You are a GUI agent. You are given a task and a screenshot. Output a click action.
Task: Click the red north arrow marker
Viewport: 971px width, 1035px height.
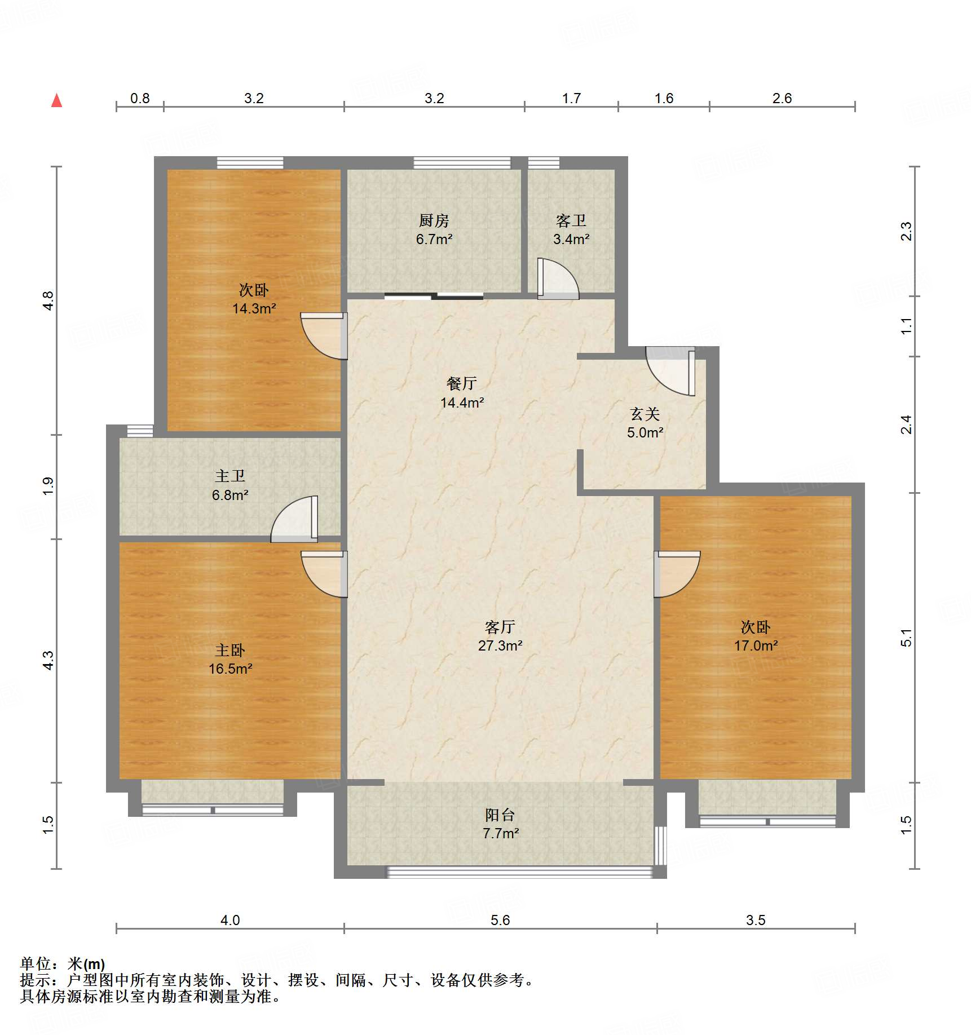pyautogui.click(x=56, y=101)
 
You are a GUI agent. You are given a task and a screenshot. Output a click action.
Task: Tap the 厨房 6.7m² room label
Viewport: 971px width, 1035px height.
pyautogui.click(x=434, y=229)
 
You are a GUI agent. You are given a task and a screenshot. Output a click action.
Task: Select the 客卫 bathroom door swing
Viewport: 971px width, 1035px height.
pyautogui.click(x=557, y=278)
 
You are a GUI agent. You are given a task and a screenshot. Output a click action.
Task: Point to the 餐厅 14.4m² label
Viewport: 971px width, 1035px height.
pyautogui.click(x=462, y=393)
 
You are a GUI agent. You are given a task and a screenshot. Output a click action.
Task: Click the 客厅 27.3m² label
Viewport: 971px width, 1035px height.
pyautogui.click(x=500, y=636)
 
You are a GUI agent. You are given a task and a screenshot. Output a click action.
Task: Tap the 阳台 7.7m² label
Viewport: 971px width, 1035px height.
pyautogui.click(x=500, y=824)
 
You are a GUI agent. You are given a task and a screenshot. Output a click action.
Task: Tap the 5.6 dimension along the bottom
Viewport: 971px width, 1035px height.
pyautogui.click(x=500, y=921)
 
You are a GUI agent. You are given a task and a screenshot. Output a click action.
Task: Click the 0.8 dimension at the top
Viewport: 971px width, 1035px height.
pyautogui.click(x=140, y=99)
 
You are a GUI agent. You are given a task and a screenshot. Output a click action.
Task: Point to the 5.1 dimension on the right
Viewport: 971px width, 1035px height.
pyautogui.click(x=906, y=638)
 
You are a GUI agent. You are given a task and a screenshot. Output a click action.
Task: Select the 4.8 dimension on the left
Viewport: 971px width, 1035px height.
pyautogui.click(x=48, y=300)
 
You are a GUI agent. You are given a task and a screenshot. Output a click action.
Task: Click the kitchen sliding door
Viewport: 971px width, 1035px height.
pyautogui.click(x=434, y=296)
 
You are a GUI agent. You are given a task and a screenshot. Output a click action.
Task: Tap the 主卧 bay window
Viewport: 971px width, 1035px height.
pyautogui.click(x=213, y=810)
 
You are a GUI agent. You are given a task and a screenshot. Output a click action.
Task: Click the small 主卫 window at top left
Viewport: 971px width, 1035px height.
pyautogui.click(x=140, y=431)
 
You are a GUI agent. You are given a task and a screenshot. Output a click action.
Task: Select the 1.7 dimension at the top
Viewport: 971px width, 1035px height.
pyautogui.click(x=571, y=99)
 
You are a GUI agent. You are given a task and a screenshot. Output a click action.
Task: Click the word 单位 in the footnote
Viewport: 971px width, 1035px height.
pyautogui.click(x=36, y=963)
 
